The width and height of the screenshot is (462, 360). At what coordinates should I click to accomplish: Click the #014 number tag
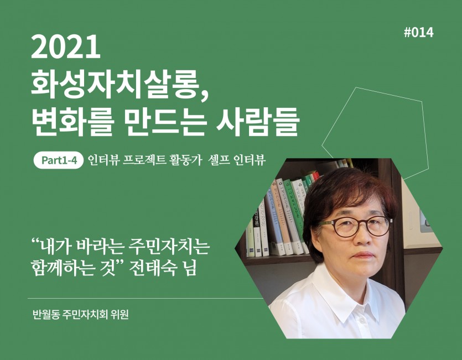pyautogui.click(x=419, y=33)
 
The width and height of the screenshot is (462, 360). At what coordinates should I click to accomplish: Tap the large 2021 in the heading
pyautogui.click(x=66, y=46)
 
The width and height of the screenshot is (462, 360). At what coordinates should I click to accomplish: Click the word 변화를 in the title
pyautogui.click(x=71, y=121)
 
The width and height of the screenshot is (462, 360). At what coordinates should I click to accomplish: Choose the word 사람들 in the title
pyautogui.click(x=258, y=121)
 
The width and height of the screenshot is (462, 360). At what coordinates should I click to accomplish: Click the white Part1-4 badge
pyautogui.click(x=59, y=160)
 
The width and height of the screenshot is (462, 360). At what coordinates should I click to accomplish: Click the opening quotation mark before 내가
pyautogui.click(x=35, y=243)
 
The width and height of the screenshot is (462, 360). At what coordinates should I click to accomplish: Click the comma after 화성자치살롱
pyautogui.click(x=205, y=94)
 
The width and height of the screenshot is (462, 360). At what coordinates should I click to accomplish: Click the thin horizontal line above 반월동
pyautogui.click(x=146, y=298)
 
